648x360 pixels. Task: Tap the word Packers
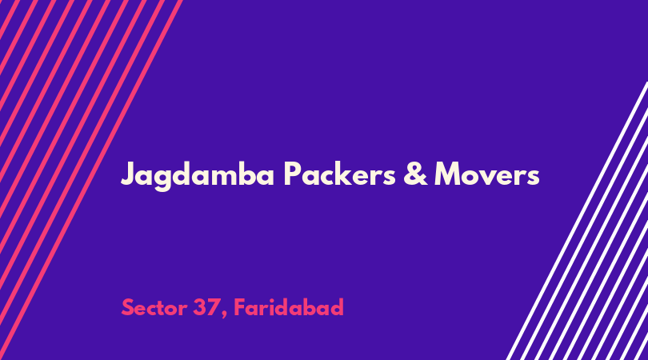pyautogui.click(x=340, y=174)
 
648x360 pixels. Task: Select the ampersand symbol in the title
pyautogui.click(x=415, y=174)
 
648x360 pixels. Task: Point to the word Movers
pyautogui.click(x=487, y=174)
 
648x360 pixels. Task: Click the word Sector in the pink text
pyautogui.click(x=154, y=307)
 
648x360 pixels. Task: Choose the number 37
pyautogui.click(x=205, y=307)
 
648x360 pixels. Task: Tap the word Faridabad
pyautogui.click(x=289, y=307)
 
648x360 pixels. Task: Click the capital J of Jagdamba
pyautogui.click(x=129, y=174)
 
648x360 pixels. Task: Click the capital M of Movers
pyautogui.click(x=450, y=174)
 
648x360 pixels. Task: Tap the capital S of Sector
pyautogui.click(x=128, y=307)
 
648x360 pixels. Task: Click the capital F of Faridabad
pyautogui.click(x=240, y=307)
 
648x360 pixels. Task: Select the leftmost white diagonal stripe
pyautogui.click(x=578, y=221)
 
